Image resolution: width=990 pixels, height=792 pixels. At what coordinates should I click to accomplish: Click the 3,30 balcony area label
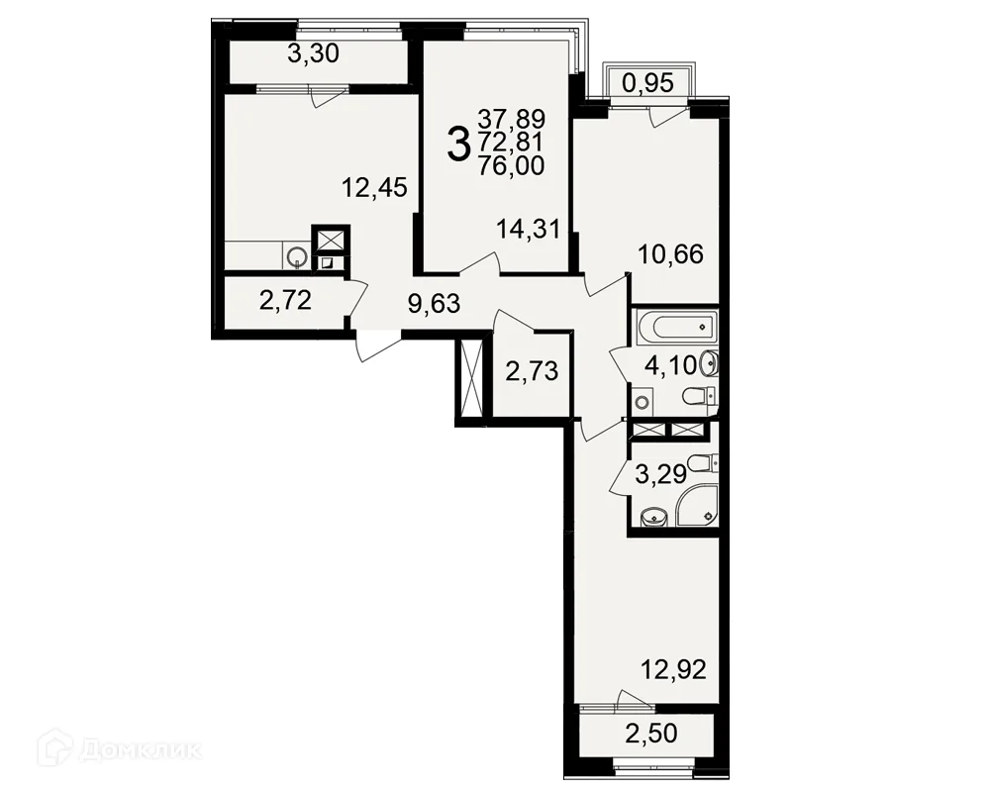pyautogui.click(x=313, y=54)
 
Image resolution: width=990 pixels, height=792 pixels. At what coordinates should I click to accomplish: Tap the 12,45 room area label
pyautogui.click(x=374, y=187)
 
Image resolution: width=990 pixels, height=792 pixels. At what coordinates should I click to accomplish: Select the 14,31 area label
pyautogui.click(x=529, y=230)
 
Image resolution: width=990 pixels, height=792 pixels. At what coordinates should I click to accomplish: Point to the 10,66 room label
pyautogui.click(x=670, y=255)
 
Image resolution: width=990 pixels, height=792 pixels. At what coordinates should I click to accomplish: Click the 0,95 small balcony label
pyautogui.click(x=648, y=83)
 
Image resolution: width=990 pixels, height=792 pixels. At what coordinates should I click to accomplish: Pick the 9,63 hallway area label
pyautogui.click(x=435, y=304)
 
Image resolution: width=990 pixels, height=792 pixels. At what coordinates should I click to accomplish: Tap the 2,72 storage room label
pyautogui.click(x=285, y=301)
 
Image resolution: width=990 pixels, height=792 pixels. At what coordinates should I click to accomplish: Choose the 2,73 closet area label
pyautogui.click(x=533, y=371)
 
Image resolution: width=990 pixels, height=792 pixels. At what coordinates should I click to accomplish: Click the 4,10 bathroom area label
pyautogui.click(x=670, y=365)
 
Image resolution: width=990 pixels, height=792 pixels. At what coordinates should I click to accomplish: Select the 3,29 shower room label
pyautogui.click(x=660, y=474)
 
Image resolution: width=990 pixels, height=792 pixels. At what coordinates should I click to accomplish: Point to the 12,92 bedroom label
pyautogui.click(x=673, y=669)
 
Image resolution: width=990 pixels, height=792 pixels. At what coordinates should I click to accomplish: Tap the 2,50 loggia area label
pyautogui.click(x=651, y=734)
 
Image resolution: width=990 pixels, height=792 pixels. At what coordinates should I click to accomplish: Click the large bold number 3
pyautogui.click(x=459, y=144)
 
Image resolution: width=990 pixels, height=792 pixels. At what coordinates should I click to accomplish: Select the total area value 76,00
pyautogui.click(x=512, y=166)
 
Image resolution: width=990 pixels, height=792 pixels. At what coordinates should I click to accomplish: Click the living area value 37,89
pyautogui.click(x=512, y=119)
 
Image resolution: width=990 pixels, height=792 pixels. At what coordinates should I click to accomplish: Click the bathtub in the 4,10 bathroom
pyautogui.click(x=675, y=327)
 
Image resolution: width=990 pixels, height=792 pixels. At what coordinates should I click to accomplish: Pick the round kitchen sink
pyautogui.click(x=297, y=255)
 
